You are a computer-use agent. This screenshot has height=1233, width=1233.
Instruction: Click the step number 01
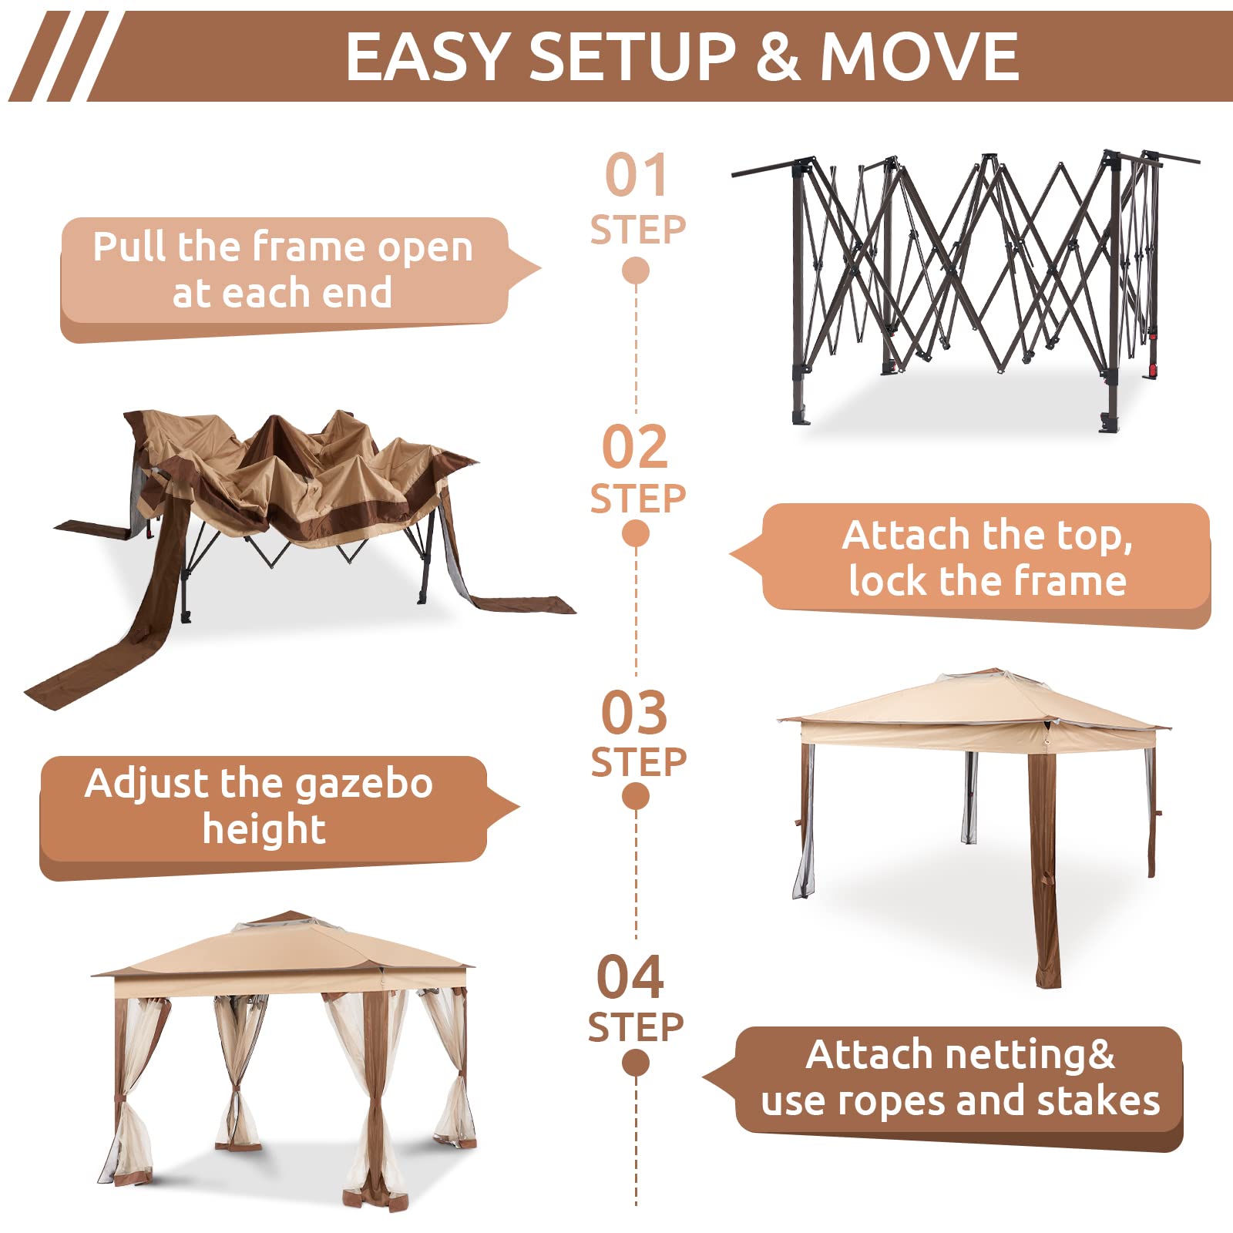tap(635, 176)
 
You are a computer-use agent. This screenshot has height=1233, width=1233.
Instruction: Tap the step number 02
tap(634, 446)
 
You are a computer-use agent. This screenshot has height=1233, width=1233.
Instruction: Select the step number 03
tap(633, 713)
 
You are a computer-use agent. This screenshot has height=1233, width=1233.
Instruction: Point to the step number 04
tap(630, 977)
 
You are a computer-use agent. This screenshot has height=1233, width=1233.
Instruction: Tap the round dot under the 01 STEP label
tap(635, 270)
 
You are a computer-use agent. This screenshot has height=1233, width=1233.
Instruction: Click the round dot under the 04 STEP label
tap(635, 1063)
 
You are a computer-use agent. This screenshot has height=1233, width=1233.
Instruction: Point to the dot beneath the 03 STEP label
tap(635, 797)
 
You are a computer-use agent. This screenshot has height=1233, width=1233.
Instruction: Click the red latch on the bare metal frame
tap(1153, 370)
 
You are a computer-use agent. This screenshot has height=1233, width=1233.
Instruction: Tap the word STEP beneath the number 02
tap(637, 499)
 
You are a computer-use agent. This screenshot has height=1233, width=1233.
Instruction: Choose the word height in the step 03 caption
tap(264, 830)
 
